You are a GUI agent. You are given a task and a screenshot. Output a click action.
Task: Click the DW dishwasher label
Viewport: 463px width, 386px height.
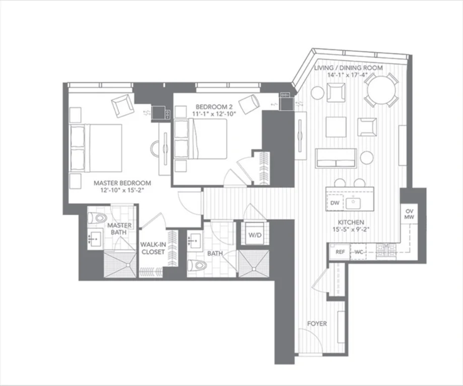point(335,203)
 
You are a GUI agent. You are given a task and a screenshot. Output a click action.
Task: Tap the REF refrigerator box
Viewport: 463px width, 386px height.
point(340,252)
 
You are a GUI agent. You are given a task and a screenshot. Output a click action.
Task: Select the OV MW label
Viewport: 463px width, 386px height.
point(409,215)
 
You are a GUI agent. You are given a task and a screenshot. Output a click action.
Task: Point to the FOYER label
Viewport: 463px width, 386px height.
point(317,324)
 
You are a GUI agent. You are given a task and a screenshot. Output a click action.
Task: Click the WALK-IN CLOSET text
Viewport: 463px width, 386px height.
point(152,248)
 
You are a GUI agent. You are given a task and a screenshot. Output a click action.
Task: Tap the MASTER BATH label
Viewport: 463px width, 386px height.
point(119,229)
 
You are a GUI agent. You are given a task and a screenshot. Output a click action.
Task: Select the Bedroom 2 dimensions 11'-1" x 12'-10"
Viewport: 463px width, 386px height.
point(212,114)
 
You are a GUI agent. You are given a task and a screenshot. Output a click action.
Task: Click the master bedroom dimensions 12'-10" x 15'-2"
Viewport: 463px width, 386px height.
point(122,190)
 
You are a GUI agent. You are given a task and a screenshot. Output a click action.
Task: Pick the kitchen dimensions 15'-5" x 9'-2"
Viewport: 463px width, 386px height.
point(351,230)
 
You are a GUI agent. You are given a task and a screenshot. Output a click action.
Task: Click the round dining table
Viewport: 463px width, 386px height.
point(381,89)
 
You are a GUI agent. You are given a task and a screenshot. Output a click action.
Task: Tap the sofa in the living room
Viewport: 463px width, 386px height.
point(336,158)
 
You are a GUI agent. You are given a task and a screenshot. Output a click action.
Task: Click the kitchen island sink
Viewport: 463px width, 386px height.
point(353,203)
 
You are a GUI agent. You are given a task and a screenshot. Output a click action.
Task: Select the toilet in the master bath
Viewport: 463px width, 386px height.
point(98,218)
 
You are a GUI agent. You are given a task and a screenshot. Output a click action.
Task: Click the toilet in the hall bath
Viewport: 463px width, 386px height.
point(197,265)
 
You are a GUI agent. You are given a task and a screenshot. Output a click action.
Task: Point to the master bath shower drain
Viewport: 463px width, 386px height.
point(128,265)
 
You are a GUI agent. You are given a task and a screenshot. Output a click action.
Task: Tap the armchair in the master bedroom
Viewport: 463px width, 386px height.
point(122,106)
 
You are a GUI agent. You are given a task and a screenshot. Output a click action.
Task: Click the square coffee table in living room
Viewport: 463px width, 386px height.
point(336,127)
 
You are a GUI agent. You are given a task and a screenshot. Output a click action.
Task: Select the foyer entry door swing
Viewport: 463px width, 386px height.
point(310,341)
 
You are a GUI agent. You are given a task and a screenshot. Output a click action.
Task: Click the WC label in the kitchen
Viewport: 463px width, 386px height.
point(358,252)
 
